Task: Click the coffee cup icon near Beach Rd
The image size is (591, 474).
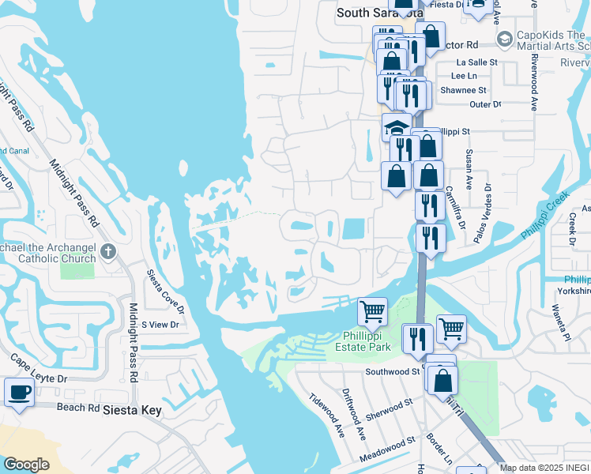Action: [18, 391]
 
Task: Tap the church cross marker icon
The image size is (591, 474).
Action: [108, 254]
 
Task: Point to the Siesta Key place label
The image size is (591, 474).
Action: [133, 411]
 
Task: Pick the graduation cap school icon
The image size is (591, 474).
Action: [397, 126]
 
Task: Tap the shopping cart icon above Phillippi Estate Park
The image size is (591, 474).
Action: [372, 311]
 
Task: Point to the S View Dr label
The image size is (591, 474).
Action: [160, 325]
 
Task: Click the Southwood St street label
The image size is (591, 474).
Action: [392, 371]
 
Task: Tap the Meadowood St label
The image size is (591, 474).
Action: [387, 449]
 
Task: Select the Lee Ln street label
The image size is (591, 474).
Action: [464, 76]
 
